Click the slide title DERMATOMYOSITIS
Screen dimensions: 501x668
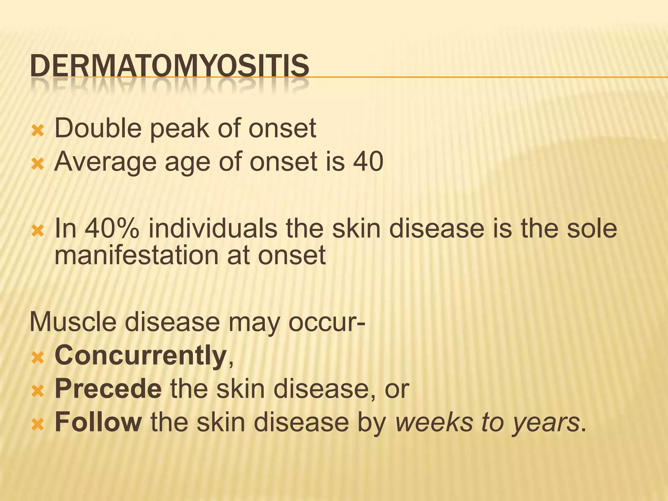(x=169, y=66)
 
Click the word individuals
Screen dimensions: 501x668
(x=213, y=229)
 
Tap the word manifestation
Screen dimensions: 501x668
(x=136, y=255)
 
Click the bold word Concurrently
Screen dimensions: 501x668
(x=141, y=356)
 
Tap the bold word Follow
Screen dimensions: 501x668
(x=98, y=422)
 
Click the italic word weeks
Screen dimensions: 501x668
(x=433, y=422)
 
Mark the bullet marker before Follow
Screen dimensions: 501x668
(x=38, y=425)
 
